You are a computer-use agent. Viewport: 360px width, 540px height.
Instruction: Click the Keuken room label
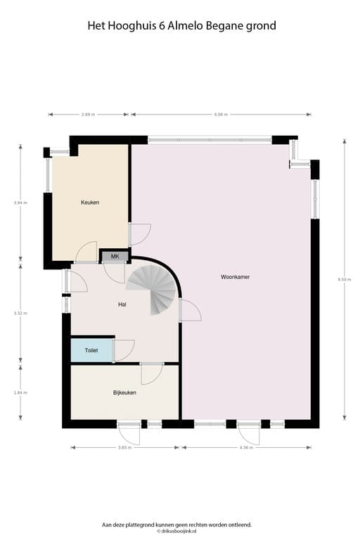click(90, 202)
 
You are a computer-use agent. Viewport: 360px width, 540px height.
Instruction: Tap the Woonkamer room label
click(236, 277)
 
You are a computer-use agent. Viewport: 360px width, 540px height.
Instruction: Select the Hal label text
click(122, 304)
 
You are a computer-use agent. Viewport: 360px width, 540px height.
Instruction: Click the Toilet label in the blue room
click(91, 349)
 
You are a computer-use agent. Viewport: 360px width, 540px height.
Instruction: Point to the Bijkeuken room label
click(124, 392)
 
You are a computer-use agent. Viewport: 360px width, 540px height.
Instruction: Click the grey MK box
click(115, 256)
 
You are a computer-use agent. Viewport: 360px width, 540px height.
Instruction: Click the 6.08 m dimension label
click(220, 114)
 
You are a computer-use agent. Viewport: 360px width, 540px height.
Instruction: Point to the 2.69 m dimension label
click(89, 114)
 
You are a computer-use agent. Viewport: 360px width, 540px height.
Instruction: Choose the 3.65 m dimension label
click(124, 447)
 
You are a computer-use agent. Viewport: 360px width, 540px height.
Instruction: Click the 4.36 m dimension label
click(246, 447)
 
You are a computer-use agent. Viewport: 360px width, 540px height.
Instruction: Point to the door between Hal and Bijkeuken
click(150, 373)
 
